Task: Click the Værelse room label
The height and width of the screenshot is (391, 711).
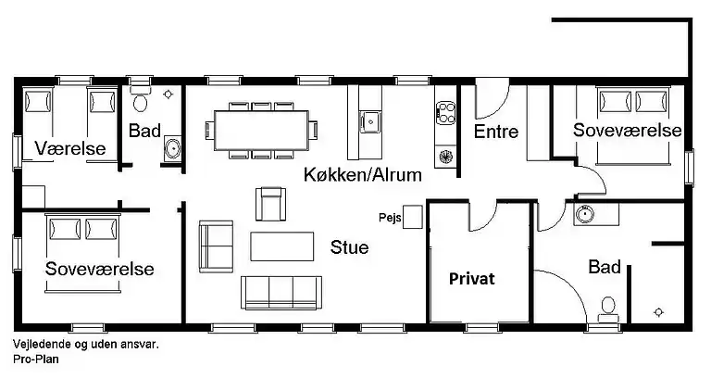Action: [70, 148]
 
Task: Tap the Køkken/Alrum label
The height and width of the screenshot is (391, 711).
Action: [363, 174]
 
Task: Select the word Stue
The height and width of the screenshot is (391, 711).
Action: [349, 247]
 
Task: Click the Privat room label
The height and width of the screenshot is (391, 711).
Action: [472, 278]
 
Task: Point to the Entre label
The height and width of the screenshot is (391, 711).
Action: [495, 132]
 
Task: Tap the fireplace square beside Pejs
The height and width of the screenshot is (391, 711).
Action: [413, 217]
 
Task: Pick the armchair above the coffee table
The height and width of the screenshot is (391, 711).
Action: [270, 203]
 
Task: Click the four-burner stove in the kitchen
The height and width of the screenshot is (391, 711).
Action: [445, 114]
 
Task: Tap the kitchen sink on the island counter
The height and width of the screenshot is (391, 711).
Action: [370, 119]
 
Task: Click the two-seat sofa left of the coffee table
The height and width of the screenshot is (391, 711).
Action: [216, 246]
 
